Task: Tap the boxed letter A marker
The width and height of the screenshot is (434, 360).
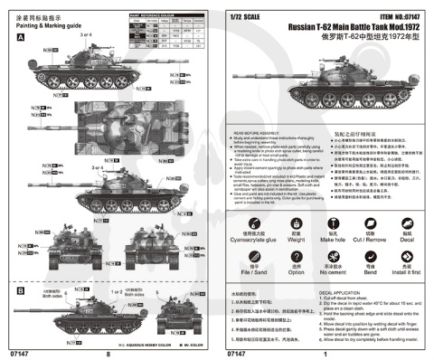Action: [20, 41]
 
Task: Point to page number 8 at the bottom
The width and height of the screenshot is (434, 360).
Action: [107, 354]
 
